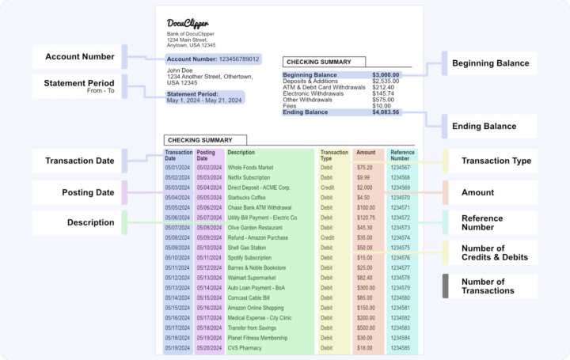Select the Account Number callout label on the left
point(78,56)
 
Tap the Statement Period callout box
point(78,85)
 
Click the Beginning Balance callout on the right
point(489,63)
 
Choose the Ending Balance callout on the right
point(489,126)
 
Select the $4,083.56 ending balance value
point(386,112)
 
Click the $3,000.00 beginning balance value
point(386,75)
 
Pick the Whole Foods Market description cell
point(250,168)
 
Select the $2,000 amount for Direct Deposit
point(365,188)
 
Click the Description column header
point(241,152)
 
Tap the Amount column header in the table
point(366,152)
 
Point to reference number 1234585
point(401,347)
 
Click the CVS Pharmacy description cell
point(246,347)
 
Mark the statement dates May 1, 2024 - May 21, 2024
point(203,101)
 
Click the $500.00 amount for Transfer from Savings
point(366,327)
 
